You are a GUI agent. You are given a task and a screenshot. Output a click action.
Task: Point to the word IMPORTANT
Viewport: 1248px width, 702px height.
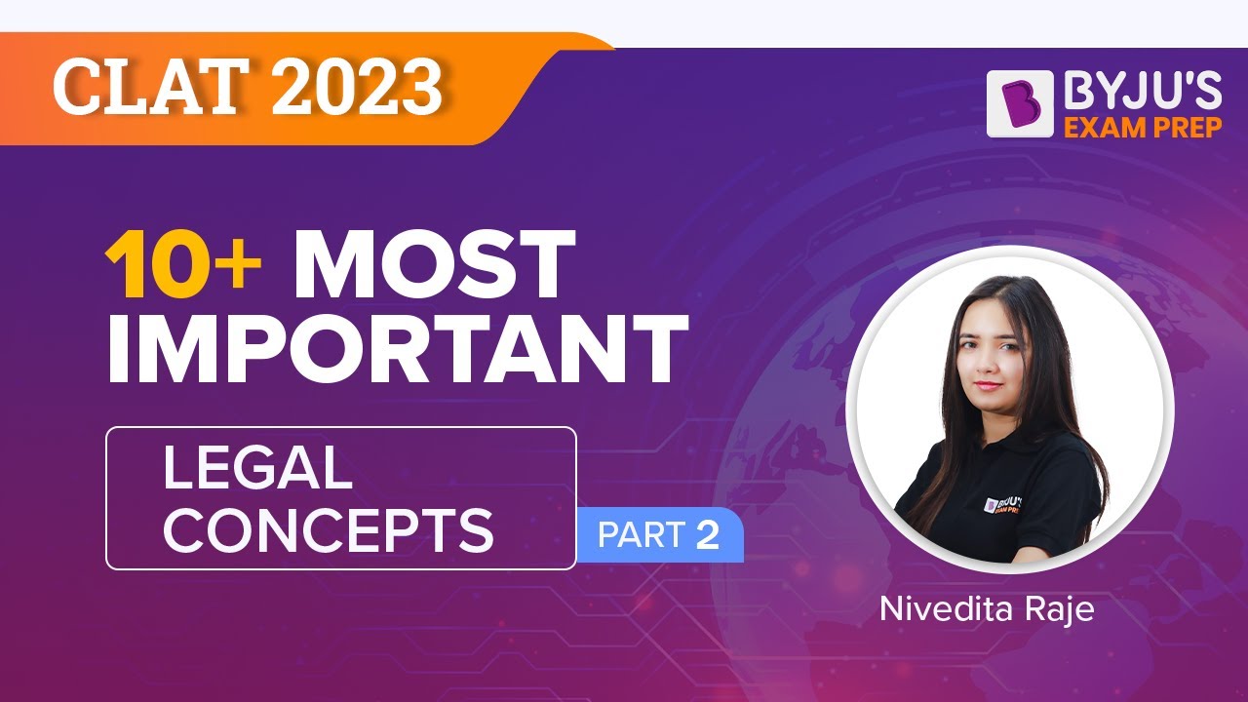396,348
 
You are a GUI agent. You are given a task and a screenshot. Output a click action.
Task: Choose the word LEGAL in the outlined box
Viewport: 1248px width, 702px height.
256,468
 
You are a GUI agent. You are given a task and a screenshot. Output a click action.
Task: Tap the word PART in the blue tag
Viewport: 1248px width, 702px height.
639,536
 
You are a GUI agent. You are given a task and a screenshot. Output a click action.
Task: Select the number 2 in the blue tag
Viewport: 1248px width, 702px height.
707,536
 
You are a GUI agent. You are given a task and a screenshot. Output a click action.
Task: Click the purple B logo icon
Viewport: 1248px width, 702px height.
1020,103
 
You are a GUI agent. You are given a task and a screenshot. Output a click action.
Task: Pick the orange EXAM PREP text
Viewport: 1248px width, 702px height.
1143,127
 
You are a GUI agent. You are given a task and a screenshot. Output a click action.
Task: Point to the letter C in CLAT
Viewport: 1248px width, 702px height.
75,90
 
